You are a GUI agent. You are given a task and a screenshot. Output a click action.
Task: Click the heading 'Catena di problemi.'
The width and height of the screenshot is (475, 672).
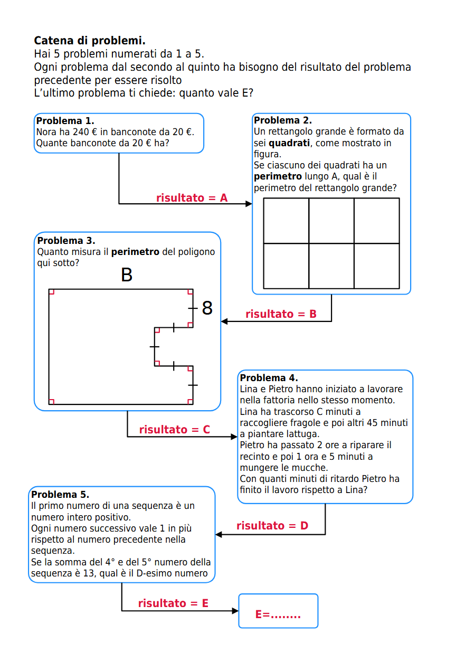pyautogui.click(x=90, y=41)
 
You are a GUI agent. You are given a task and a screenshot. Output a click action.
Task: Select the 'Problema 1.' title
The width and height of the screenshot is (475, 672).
pyautogui.click(x=65, y=121)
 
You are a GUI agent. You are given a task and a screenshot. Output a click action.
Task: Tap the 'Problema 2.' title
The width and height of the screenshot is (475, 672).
pyautogui.click(x=283, y=120)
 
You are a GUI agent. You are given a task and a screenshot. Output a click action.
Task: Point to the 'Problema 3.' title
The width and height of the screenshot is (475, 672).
pyautogui.click(x=66, y=241)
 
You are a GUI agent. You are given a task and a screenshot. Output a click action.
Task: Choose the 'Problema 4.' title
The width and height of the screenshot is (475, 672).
pyautogui.click(x=269, y=378)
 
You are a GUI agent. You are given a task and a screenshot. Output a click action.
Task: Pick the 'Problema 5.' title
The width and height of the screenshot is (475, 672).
pyautogui.click(x=60, y=495)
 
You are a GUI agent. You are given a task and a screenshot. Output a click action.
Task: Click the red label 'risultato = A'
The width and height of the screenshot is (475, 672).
pyautogui.click(x=192, y=198)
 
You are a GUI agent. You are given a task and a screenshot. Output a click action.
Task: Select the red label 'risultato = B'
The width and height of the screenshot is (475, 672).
pyautogui.click(x=281, y=314)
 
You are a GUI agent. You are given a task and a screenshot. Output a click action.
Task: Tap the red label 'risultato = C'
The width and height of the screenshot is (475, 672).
pyautogui.click(x=174, y=430)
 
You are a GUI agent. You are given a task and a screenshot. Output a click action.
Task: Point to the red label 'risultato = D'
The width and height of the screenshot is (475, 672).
pyautogui.click(x=272, y=526)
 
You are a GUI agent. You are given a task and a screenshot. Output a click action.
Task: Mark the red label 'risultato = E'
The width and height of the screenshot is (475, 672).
pyautogui.click(x=173, y=603)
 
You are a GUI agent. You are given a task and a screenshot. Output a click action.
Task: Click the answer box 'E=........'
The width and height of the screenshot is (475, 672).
pyautogui.click(x=278, y=611)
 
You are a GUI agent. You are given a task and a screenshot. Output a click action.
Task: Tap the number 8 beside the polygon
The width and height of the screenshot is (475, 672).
pyautogui.click(x=207, y=308)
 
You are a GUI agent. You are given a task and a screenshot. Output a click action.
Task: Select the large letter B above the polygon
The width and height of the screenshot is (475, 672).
pyautogui.click(x=127, y=275)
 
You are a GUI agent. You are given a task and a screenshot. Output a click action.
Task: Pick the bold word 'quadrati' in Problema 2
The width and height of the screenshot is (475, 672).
pyautogui.click(x=289, y=143)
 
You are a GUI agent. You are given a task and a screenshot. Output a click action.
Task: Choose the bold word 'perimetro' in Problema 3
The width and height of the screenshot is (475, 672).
pyautogui.click(x=135, y=252)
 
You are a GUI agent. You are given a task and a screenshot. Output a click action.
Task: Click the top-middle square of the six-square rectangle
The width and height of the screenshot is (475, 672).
pyautogui.click(x=331, y=221)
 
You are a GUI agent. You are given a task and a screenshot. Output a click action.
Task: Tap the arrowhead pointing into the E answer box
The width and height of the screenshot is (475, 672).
pyautogui.click(x=235, y=611)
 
